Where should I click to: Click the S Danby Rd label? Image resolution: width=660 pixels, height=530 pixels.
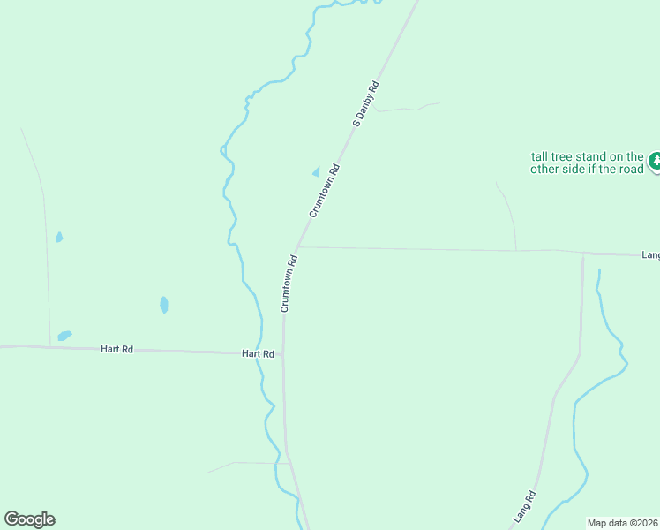tap(365, 104)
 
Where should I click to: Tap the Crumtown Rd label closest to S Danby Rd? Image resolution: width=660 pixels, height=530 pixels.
tap(324, 191)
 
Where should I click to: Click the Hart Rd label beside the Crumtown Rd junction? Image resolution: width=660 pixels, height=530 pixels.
tap(258, 353)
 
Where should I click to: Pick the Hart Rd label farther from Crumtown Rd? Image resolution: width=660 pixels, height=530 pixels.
tap(116, 350)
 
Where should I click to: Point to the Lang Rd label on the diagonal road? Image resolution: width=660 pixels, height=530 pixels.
tap(524, 504)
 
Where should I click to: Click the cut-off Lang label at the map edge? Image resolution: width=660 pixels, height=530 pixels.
tap(650, 255)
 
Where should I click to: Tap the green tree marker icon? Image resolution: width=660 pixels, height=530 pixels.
tap(655, 162)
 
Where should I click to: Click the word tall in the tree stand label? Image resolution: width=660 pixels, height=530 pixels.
tap(540, 156)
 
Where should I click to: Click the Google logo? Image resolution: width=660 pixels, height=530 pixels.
tap(29, 519)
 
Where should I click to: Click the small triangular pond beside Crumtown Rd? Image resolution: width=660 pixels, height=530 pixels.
tap(316, 171)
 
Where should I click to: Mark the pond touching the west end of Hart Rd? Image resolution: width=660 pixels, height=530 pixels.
tap(64, 336)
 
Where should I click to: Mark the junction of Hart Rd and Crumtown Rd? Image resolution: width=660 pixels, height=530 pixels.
tap(283, 353)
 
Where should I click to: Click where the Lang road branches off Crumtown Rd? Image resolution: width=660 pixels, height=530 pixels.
tap(298, 247)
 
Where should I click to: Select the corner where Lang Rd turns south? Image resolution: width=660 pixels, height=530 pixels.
tap(583, 254)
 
